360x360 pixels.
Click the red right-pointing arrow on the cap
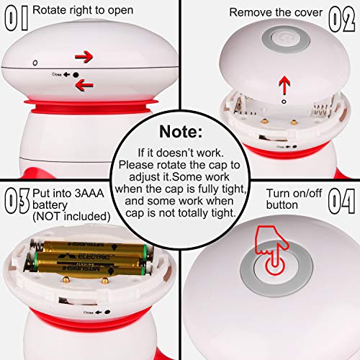pos(84,57)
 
